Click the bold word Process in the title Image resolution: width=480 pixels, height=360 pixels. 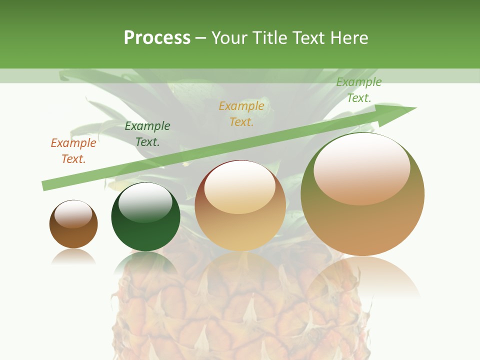(157, 38)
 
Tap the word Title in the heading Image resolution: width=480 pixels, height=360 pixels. (269, 38)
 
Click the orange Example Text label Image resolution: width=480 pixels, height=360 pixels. (73, 151)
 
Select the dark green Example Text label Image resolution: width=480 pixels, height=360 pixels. (147, 134)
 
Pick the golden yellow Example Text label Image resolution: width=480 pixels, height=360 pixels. (241, 114)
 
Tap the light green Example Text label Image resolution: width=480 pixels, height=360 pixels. (359, 90)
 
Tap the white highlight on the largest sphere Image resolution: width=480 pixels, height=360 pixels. (361, 167)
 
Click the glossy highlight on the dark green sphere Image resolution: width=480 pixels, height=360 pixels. (145, 203)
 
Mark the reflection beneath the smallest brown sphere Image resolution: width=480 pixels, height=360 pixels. (73, 256)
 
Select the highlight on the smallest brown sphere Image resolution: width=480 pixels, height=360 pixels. (73, 214)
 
